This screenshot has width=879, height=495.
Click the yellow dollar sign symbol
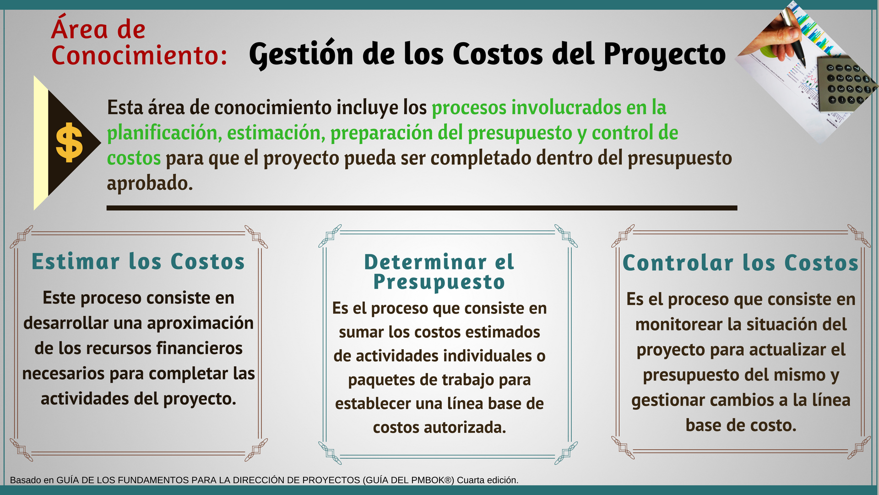(x=69, y=143)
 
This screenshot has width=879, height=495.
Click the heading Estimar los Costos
(x=138, y=262)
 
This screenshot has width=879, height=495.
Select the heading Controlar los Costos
(x=741, y=263)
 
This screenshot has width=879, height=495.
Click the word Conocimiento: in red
(x=139, y=55)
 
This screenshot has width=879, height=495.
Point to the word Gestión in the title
(x=301, y=54)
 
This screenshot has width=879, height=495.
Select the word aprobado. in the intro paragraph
(x=150, y=183)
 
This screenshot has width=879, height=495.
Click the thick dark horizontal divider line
(x=422, y=208)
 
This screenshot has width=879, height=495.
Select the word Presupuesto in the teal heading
(x=439, y=282)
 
